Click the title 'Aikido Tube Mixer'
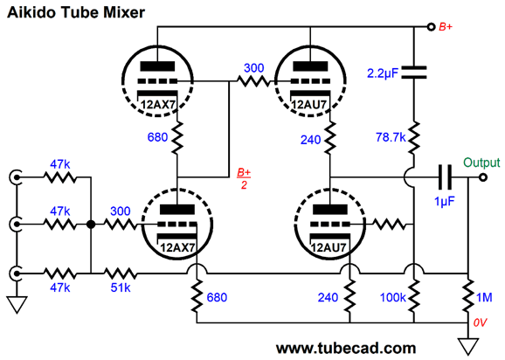click(x=76, y=12)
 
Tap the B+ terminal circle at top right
click(x=431, y=27)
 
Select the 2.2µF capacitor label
click(x=383, y=73)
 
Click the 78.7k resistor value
click(x=391, y=137)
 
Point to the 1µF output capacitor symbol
click(x=445, y=177)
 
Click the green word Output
click(x=481, y=163)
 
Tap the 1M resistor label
click(x=484, y=297)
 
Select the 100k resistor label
click(x=392, y=297)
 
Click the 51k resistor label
click(x=121, y=287)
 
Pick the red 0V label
click(x=481, y=322)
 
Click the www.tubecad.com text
click(x=346, y=349)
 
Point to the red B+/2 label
click(x=244, y=179)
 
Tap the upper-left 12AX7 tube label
click(x=158, y=105)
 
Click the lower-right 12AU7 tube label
click(x=329, y=247)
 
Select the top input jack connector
click(x=16, y=177)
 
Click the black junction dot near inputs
click(x=91, y=225)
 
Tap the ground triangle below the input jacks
click(x=17, y=305)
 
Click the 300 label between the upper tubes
click(x=253, y=68)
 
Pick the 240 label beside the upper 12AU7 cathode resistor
click(x=310, y=140)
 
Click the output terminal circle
click(x=483, y=177)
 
